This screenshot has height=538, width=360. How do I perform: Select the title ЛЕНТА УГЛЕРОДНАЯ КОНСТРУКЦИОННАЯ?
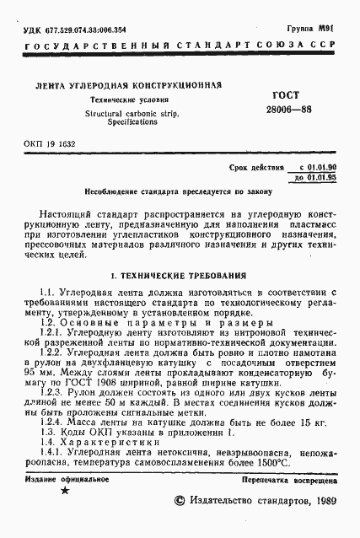[126, 85]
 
